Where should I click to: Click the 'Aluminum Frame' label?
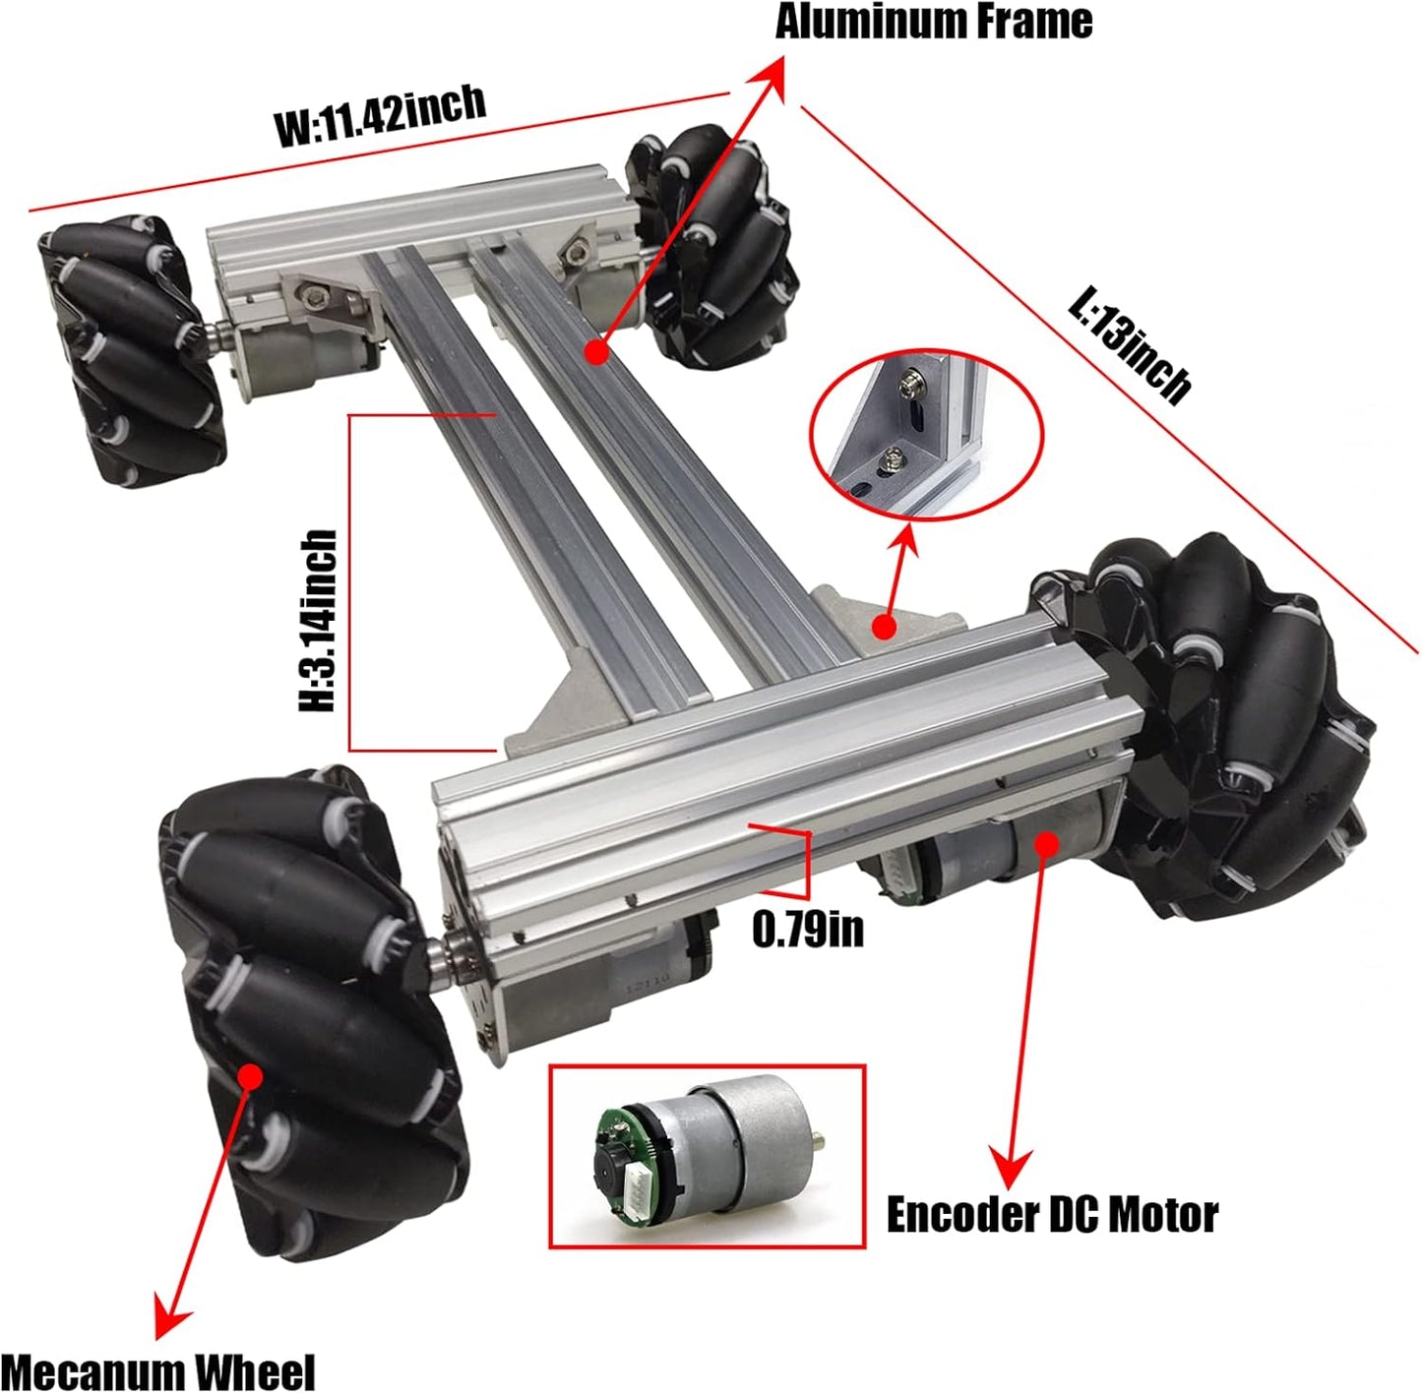pos(933,22)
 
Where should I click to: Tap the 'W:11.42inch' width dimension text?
pos(380,115)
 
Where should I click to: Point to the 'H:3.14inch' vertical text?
pos(319,621)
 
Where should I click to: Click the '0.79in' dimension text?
pos(808,929)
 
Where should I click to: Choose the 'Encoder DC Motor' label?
pos(1051,1215)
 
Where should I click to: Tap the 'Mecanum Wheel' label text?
pos(157,1371)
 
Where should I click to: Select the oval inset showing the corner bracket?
pos(925,434)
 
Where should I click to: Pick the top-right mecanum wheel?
pos(713,246)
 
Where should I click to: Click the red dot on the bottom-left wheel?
pos(250,1074)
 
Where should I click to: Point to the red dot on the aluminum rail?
pos(595,351)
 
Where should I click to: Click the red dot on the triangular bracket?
pos(884,625)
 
